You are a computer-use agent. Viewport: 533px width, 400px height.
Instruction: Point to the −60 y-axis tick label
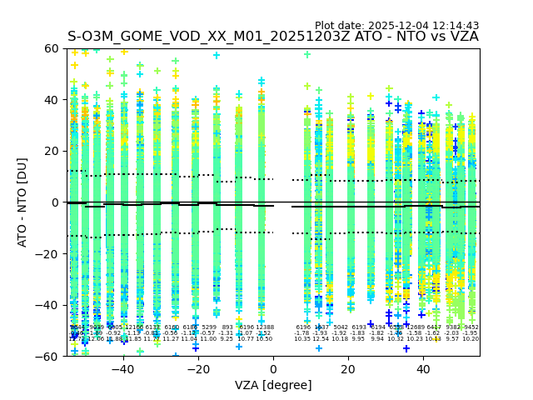(x=50, y=356)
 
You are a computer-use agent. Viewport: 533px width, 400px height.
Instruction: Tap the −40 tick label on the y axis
(x=50, y=305)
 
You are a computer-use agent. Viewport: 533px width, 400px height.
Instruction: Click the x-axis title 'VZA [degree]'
(x=273, y=386)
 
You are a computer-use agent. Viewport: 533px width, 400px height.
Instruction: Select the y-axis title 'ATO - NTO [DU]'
(x=23, y=202)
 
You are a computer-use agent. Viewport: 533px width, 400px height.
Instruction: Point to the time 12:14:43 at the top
(x=458, y=26)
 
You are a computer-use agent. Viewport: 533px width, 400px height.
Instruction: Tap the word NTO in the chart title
(x=411, y=37)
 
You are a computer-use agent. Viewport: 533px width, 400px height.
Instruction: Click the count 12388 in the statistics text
(x=264, y=327)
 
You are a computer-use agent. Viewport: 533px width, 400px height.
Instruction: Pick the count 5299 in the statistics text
(x=209, y=327)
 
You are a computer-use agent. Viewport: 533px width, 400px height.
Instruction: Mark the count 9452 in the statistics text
(x=471, y=327)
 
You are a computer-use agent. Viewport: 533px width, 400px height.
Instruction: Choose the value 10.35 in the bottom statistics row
(x=301, y=339)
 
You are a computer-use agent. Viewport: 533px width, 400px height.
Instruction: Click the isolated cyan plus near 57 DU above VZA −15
(x=217, y=56)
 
